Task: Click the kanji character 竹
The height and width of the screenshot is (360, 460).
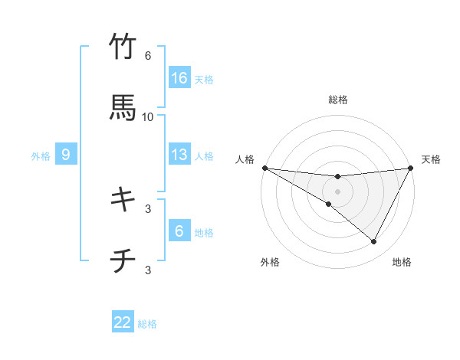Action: (x=123, y=47)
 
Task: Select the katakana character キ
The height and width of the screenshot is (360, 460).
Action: (x=123, y=199)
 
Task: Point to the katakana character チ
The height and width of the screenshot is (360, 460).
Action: (x=123, y=261)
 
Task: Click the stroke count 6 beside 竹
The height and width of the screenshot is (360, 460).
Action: (x=148, y=56)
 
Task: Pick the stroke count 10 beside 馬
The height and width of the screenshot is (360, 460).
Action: (x=148, y=116)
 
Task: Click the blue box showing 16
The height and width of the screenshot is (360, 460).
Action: (x=179, y=78)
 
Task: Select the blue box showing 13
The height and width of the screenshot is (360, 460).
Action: (x=179, y=155)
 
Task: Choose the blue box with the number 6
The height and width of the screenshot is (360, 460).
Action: (x=179, y=231)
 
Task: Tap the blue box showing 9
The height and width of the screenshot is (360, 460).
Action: (x=66, y=155)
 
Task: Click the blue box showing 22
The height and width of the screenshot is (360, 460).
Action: (x=123, y=322)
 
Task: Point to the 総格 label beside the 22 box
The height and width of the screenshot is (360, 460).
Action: (x=148, y=324)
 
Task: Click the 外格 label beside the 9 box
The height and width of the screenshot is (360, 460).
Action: (x=41, y=155)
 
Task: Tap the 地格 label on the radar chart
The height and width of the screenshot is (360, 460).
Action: (x=402, y=262)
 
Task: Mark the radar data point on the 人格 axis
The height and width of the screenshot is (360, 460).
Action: (x=264, y=167)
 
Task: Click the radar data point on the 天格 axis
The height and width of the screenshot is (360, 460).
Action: (x=411, y=168)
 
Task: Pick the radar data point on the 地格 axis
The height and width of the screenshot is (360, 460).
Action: (x=374, y=242)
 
